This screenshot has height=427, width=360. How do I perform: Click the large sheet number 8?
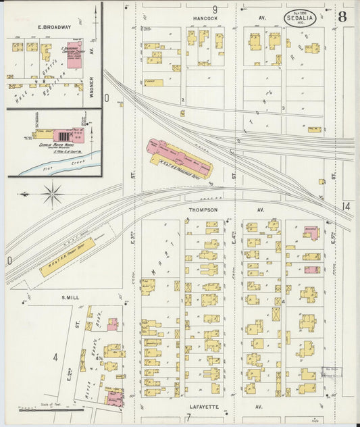point(342,16)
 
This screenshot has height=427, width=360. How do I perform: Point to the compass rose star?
point(52,195)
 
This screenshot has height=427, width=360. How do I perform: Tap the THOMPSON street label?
point(203,210)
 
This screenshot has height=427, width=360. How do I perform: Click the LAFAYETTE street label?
point(203,407)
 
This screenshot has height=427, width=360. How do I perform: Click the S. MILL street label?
point(71,297)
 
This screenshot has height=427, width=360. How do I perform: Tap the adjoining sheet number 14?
point(346,206)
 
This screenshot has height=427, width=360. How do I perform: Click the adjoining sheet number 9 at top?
point(215,9)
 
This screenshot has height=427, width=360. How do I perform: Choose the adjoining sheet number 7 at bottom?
point(188,418)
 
